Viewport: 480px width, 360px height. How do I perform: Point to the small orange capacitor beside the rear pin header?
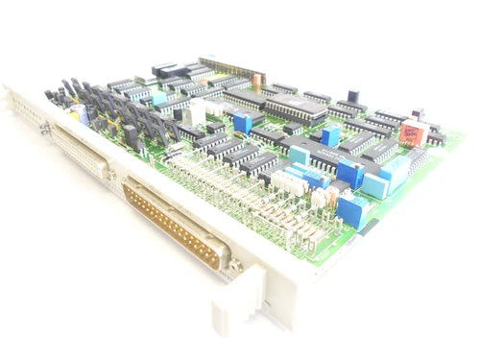click(x=256, y=75)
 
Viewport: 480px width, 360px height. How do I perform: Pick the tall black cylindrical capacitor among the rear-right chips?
click(x=353, y=97)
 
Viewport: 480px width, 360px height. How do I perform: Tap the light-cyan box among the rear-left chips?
click(x=158, y=98)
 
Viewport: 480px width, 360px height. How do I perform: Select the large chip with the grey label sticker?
click(x=293, y=108)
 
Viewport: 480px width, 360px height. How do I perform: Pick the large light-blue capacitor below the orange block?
click(x=375, y=182)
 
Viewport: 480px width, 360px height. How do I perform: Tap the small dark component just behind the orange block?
click(x=419, y=114)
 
